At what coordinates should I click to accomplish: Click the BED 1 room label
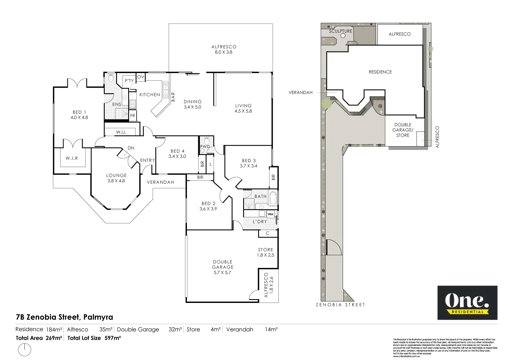[79, 112]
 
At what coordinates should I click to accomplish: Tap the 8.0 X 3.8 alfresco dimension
[223, 52]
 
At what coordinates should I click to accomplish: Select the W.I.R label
[72, 158]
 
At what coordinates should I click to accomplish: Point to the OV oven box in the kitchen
[140, 77]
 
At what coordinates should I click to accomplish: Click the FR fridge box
[133, 116]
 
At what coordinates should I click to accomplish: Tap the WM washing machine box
[270, 214]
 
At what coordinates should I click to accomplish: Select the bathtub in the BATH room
[273, 199]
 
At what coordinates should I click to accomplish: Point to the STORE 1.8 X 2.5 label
[265, 252]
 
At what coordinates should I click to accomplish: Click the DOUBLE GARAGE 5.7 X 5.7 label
[223, 267]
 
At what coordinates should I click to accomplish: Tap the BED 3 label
[249, 161]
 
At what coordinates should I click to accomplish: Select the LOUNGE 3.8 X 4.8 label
[116, 178]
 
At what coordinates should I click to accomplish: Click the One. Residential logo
[467, 303]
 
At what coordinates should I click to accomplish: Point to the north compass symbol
[24, 349]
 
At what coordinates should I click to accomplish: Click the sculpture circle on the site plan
[343, 36]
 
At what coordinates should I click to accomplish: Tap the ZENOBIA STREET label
[340, 305]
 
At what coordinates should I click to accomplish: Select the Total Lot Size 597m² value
[112, 338]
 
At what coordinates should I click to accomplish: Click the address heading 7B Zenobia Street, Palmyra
[64, 317]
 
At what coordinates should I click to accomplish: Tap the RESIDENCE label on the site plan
[380, 72]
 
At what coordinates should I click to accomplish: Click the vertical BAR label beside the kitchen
[173, 97]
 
